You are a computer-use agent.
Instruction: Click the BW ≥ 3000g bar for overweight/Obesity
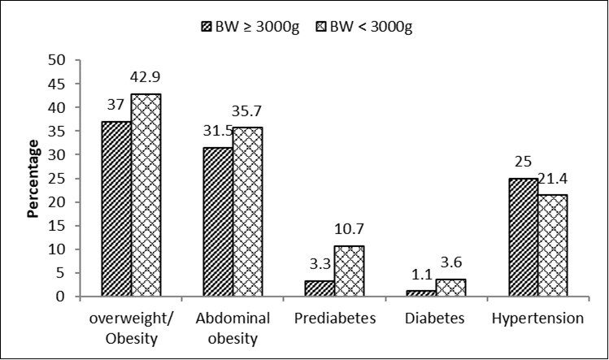(116, 210)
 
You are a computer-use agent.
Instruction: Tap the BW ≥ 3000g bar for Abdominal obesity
(218, 223)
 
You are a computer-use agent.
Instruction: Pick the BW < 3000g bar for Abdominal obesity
(248, 212)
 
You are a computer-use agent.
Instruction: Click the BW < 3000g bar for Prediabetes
(349, 271)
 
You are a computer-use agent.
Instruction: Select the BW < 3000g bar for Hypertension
(552, 246)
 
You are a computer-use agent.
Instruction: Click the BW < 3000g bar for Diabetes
(450, 288)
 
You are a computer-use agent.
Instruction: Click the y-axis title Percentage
(35, 179)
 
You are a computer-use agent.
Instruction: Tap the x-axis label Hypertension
(538, 319)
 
